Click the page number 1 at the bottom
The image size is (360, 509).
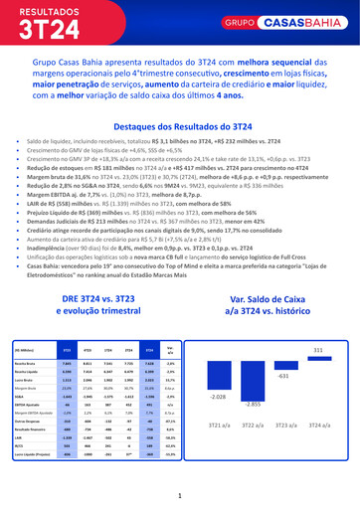pyautogui.click(x=179, y=495)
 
